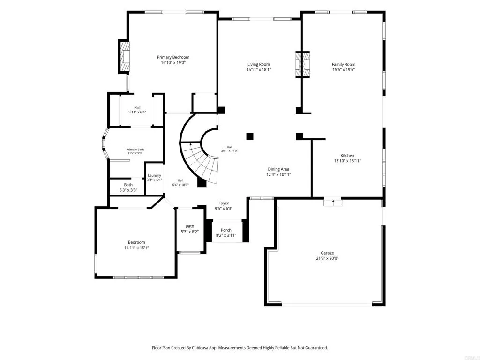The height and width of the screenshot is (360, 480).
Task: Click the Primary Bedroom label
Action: [173, 57]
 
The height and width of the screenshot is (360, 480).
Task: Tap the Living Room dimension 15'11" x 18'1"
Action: [259, 70]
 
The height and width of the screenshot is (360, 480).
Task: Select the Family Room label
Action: [344, 64]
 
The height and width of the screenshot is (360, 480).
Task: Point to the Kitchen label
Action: [347, 156]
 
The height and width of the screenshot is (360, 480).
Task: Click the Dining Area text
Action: [278, 169]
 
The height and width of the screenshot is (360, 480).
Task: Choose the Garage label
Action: [327, 253]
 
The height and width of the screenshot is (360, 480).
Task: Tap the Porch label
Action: [226, 230]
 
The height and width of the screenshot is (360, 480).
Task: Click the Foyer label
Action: [224, 203]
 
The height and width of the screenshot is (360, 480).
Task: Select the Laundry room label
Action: [154, 175]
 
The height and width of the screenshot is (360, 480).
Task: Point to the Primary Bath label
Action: [135, 150]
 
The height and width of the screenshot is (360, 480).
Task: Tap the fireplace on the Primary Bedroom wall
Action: [124, 57]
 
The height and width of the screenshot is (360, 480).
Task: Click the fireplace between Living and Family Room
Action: [302, 65]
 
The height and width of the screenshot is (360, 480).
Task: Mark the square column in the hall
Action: [250, 136]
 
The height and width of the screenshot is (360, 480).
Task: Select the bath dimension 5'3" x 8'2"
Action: [190, 232]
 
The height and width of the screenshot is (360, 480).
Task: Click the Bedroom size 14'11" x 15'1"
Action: [136, 247]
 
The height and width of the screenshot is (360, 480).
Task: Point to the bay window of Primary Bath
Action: [105, 143]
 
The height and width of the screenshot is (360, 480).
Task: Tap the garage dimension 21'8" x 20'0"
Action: [327, 258]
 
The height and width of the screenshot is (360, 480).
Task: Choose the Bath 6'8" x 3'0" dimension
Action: [128, 190]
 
